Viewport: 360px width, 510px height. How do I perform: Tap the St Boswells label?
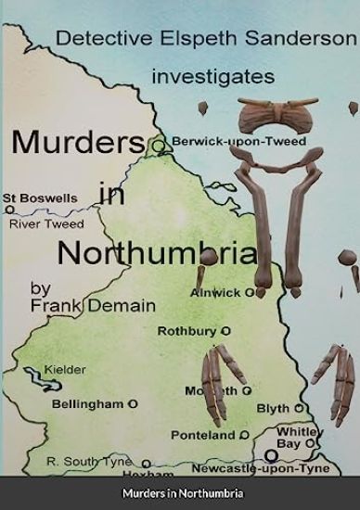click(x=39, y=198)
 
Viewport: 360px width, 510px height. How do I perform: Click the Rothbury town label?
click(x=185, y=330)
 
